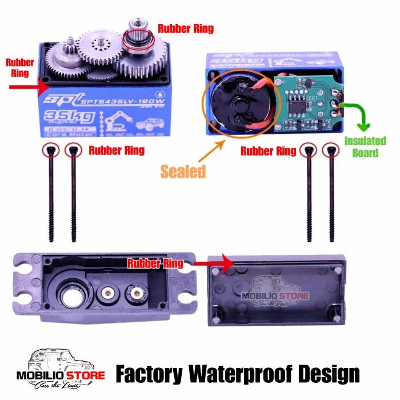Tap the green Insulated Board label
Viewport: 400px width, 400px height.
(x=365, y=147)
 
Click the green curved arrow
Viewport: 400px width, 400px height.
(x=357, y=115)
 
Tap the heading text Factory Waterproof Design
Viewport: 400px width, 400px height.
(x=238, y=375)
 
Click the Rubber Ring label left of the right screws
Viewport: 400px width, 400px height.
(x=269, y=151)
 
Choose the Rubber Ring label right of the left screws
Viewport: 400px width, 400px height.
(x=117, y=151)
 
